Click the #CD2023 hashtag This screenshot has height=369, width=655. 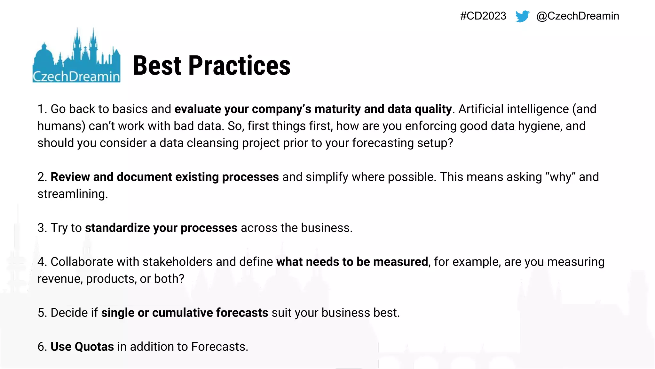[x=483, y=16]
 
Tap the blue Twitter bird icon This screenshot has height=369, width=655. [x=522, y=16]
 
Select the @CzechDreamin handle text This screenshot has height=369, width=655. [x=578, y=16]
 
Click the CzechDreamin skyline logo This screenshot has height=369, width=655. [x=76, y=56]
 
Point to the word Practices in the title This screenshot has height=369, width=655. [x=240, y=66]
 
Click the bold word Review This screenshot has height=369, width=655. [x=70, y=177]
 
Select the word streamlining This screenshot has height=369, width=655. [x=72, y=194]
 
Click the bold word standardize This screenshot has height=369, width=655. [x=117, y=228]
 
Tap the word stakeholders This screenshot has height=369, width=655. [x=178, y=262]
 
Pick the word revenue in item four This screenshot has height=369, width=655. [x=59, y=279]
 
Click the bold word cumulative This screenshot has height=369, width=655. [x=183, y=313]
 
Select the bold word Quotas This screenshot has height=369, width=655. [x=94, y=347]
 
